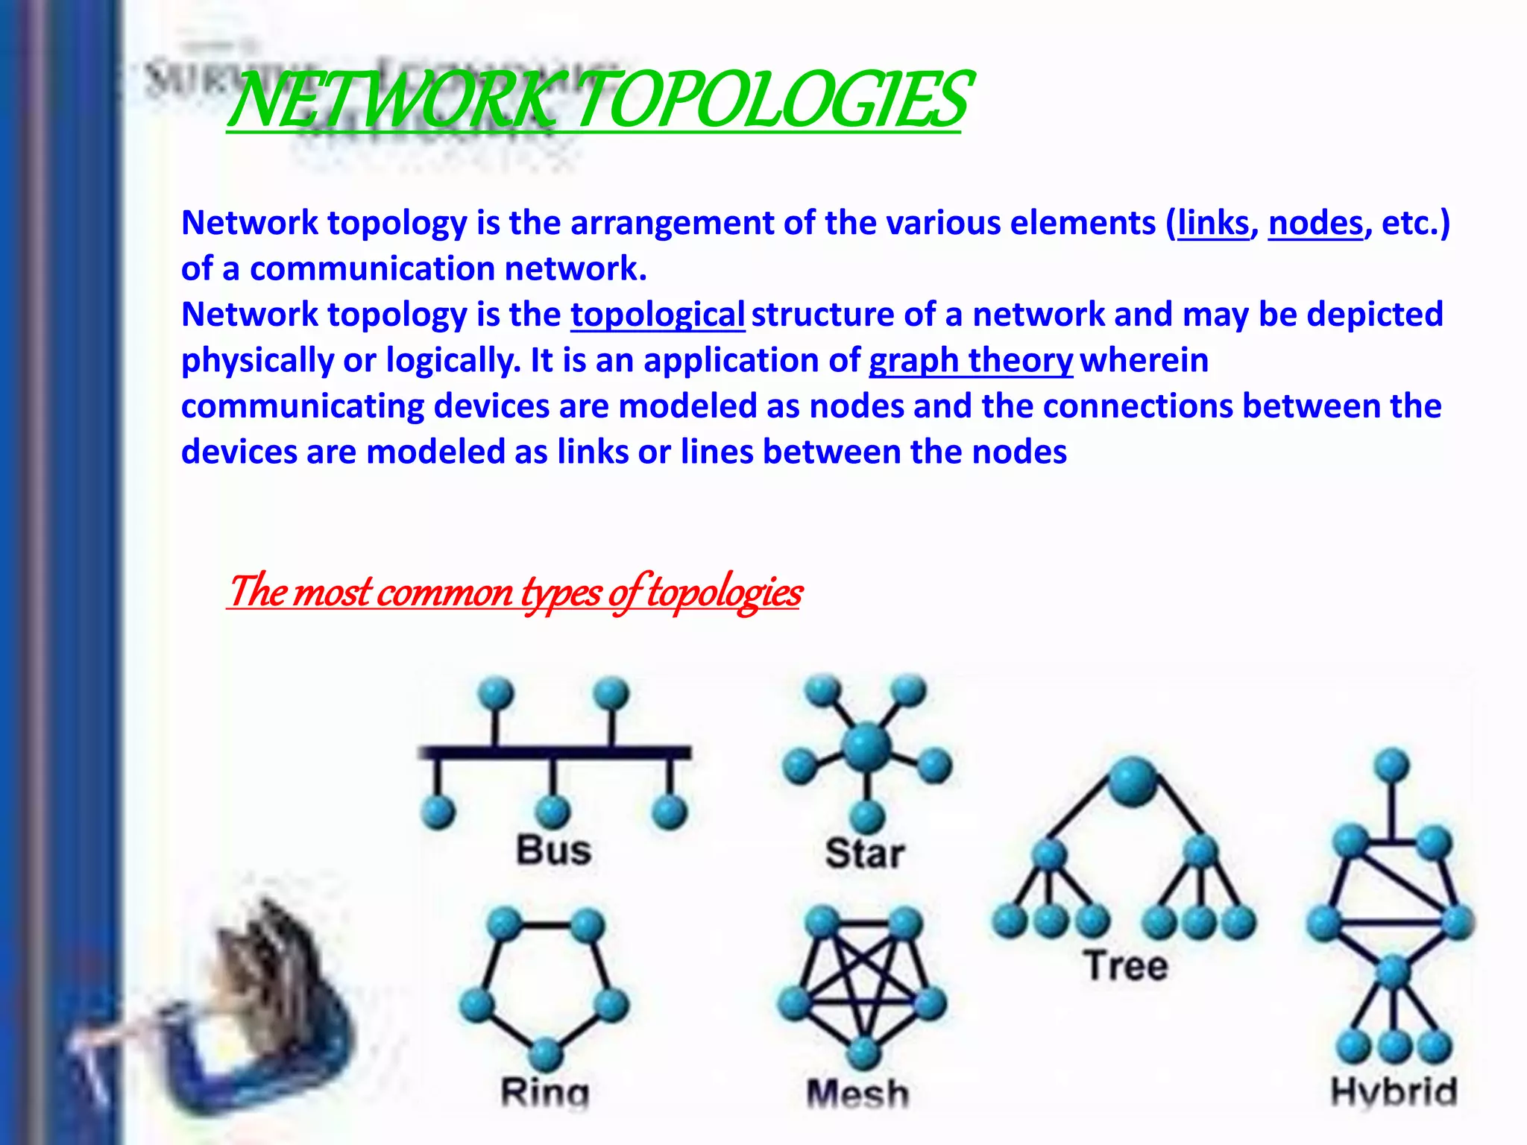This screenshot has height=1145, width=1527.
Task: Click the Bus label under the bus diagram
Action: point(553,850)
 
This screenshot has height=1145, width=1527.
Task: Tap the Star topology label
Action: point(865,853)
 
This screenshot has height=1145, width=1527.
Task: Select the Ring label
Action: point(545,1093)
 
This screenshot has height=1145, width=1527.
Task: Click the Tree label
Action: point(1126,965)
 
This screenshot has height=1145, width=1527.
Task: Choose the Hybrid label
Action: point(1394,1092)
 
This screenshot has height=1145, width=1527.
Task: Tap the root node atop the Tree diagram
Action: point(1133,781)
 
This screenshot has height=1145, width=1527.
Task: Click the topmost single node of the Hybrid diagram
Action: point(1391,766)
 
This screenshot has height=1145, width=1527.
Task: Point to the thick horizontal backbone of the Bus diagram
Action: point(555,752)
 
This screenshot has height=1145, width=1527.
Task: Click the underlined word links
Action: point(1213,223)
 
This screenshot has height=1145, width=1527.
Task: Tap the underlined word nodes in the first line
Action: point(1315,223)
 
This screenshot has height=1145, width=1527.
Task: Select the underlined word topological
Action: point(658,315)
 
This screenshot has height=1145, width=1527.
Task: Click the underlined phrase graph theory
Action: point(971,361)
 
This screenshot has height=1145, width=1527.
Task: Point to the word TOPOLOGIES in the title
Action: point(772,101)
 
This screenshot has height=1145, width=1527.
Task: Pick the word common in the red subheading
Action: point(445,592)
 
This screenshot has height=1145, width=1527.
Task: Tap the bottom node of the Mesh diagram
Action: point(863,1052)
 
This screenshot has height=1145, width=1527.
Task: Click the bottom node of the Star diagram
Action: point(867,816)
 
